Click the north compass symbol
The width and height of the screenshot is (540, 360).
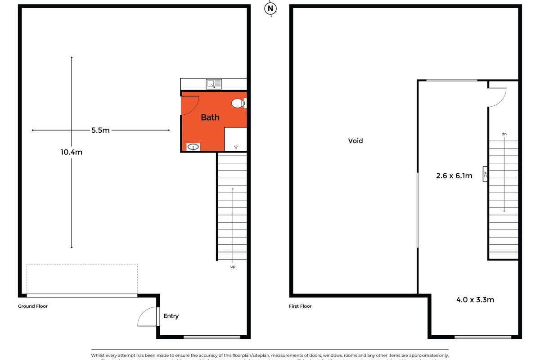pos(270,9)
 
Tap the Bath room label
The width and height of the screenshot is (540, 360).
pos(210,117)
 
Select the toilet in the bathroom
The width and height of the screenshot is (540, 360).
pos(238,104)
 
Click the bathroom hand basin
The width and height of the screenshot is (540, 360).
pos(194,147)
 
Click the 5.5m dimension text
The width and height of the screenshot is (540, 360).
pos(100,130)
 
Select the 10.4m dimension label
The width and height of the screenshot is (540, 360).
pos(72,152)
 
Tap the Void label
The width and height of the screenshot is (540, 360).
pos(355,141)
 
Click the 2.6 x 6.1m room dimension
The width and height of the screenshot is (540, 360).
pos(454,176)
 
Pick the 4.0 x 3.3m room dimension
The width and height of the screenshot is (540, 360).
pos(475,299)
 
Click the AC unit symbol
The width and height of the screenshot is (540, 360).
pos(485,175)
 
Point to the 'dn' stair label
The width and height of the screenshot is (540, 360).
pos(504,134)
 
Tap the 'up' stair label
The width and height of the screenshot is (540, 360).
pos(233,266)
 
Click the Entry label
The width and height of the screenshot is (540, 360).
pos(171,316)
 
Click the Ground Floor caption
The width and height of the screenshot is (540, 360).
pos(33,306)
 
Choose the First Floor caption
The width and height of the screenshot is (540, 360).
pos(300,306)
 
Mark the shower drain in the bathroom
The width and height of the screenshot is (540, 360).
pos(237,147)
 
